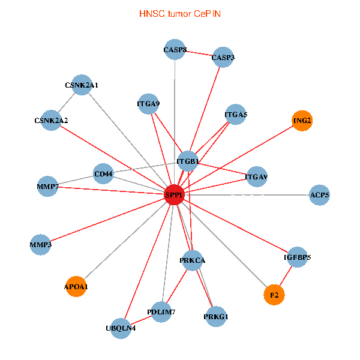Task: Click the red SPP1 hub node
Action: (174, 194)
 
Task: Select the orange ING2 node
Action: (302, 121)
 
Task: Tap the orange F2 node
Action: (274, 295)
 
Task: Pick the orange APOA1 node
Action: (76, 287)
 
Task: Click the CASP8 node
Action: (175, 50)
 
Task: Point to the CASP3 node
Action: (223, 58)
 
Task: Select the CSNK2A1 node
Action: (82, 86)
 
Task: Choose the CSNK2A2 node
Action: (52, 121)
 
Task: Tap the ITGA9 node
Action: (148, 104)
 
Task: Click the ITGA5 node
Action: (236, 114)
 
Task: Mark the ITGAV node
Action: (256, 177)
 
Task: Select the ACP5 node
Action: (319, 195)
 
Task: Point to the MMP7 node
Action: (47, 187)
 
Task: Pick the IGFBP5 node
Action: (297, 257)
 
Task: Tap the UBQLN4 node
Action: (121, 328)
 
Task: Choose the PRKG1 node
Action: (216, 316)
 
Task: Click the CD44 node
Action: (103, 175)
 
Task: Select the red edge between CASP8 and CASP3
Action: (199, 54)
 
